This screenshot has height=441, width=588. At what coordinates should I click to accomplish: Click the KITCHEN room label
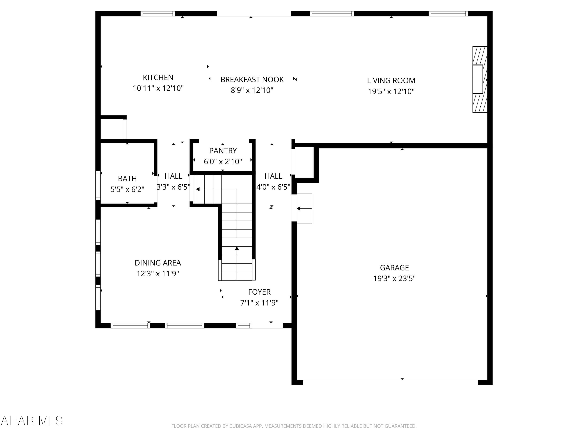point(158,77)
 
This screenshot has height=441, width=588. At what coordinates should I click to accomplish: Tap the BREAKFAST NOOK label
point(252,80)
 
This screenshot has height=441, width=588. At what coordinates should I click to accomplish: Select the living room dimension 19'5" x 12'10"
point(391,92)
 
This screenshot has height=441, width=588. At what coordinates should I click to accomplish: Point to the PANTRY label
point(223,151)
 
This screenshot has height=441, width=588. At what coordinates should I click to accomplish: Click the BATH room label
point(127,178)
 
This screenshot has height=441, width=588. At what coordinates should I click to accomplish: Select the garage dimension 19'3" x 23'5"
point(394,278)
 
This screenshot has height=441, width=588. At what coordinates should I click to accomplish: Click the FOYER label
point(259,292)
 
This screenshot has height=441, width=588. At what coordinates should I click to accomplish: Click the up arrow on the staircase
point(237,249)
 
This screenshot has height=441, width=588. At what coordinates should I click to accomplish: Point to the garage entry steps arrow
point(299,208)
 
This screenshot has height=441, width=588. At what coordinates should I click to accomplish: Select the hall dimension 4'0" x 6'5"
point(273,187)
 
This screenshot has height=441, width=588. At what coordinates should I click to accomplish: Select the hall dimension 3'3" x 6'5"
point(173,187)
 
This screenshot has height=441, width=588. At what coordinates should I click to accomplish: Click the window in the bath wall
point(98,185)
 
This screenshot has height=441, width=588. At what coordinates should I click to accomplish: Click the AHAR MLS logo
point(32,421)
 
